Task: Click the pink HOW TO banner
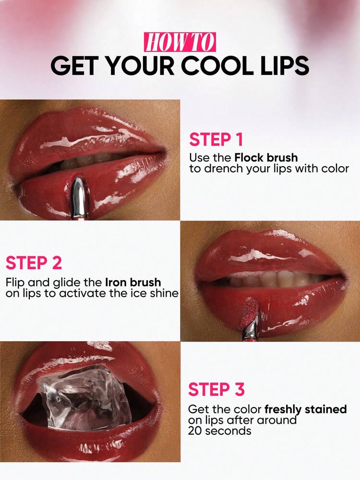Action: (180, 42)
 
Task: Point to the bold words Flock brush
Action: (266, 158)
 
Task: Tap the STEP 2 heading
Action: (34, 263)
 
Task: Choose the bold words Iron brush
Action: (133, 282)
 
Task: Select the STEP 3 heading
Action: (216, 390)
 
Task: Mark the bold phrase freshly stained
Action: (305, 409)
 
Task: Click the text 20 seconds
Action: (219, 431)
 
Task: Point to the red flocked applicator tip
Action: (250, 308)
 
